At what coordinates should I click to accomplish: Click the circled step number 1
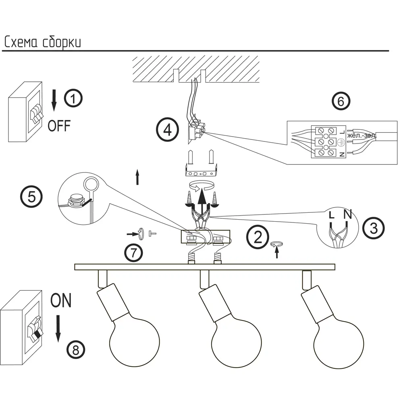pyautogui.click(x=73, y=98)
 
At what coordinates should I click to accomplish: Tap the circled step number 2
pyautogui.click(x=257, y=237)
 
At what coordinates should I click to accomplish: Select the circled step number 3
pyautogui.click(x=374, y=229)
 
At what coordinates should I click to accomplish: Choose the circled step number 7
pyautogui.click(x=134, y=253)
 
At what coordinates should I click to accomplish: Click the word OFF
pyautogui.click(x=59, y=126)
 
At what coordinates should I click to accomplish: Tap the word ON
pyautogui.click(x=61, y=301)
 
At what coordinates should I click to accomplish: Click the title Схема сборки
pyautogui.click(x=42, y=42)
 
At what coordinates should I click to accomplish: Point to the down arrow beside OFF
pyautogui.click(x=54, y=100)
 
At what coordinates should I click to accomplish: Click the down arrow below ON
pyautogui.click(x=58, y=328)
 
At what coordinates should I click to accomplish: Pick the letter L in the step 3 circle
pyautogui.click(x=331, y=215)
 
